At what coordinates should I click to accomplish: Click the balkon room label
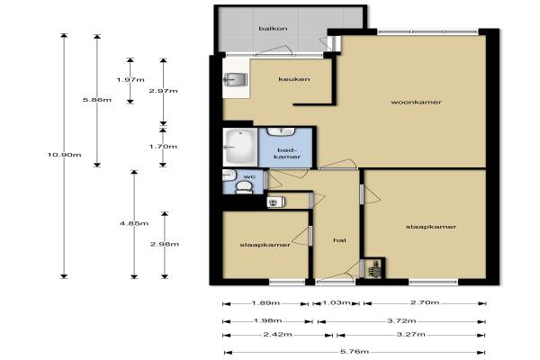point(273,29)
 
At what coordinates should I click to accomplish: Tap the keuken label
point(294,79)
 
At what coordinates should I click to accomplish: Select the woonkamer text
point(416,103)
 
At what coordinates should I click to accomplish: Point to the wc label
point(249,176)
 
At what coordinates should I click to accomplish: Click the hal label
point(339,240)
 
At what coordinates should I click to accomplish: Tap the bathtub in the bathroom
point(240,147)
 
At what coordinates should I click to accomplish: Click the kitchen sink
point(235,79)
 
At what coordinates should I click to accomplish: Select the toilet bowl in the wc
point(244,188)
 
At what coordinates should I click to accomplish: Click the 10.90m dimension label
point(65,155)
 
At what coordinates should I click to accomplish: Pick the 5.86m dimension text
point(97,100)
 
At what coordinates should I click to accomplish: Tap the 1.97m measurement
point(130,80)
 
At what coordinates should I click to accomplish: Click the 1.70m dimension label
point(163,147)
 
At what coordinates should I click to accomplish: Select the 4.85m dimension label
point(134,223)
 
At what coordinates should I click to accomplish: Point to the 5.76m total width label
point(355,352)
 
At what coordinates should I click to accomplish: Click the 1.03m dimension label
point(336,302)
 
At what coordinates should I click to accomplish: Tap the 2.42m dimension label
point(277,335)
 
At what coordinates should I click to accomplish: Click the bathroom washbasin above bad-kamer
point(282,131)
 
